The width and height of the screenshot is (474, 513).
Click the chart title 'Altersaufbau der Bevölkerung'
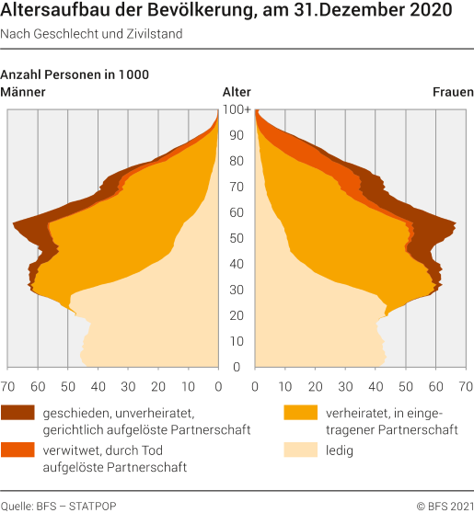(x=127, y=10)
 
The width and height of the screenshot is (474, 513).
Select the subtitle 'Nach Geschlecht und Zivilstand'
(x=91, y=34)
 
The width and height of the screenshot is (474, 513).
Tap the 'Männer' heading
(x=23, y=92)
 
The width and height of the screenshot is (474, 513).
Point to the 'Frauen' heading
(x=453, y=92)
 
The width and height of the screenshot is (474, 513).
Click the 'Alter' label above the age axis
(x=237, y=92)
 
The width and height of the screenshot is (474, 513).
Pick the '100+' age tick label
(x=237, y=109)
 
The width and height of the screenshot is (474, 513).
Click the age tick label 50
(x=237, y=238)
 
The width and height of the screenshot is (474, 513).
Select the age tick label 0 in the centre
(x=237, y=367)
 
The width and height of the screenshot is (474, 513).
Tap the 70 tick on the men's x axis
(x=7, y=387)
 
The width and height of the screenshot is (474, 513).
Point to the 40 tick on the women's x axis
(x=376, y=387)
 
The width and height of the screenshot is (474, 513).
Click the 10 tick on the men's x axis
(x=188, y=387)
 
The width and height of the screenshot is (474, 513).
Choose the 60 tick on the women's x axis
(x=435, y=387)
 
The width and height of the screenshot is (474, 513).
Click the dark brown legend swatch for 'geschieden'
(x=17, y=412)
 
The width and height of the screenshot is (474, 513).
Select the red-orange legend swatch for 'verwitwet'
(x=17, y=450)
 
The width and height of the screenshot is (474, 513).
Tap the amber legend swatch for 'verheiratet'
(x=300, y=412)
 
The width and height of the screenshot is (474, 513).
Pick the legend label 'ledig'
(x=340, y=450)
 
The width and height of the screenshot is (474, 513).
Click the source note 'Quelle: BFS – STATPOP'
(x=58, y=507)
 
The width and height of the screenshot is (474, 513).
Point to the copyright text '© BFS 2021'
(x=445, y=507)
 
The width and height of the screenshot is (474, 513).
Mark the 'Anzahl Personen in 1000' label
(x=75, y=74)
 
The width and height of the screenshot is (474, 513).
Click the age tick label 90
(x=237, y=135)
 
